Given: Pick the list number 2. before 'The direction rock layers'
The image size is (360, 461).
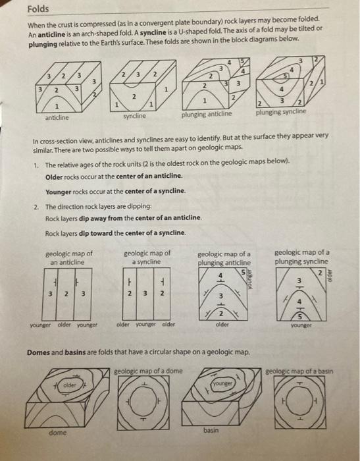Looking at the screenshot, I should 36,205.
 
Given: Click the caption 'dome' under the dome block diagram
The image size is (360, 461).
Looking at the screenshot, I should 57,433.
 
